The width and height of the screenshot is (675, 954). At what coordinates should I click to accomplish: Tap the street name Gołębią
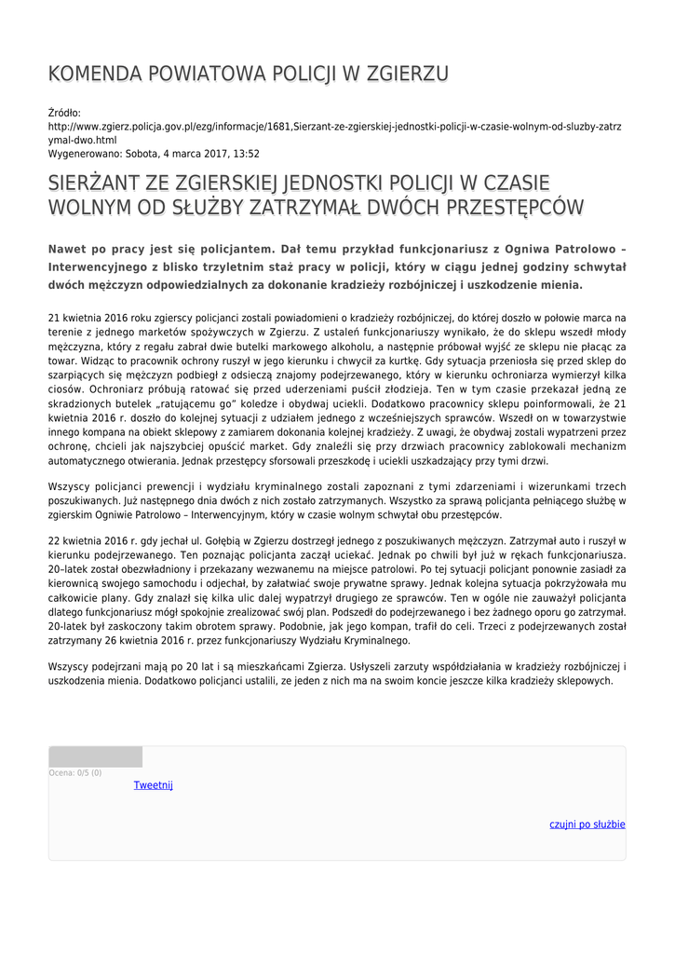193,541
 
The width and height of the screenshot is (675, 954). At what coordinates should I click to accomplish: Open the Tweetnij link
154,785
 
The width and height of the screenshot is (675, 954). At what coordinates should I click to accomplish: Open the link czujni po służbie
587,825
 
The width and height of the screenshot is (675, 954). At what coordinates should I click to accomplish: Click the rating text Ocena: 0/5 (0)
75,772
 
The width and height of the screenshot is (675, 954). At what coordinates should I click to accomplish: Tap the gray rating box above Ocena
95,756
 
